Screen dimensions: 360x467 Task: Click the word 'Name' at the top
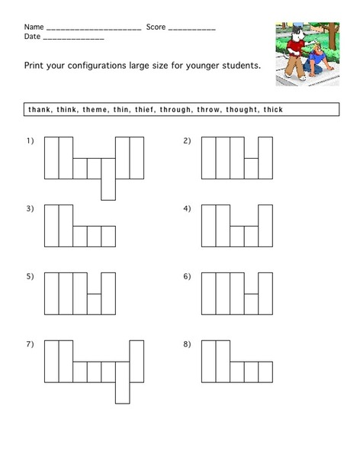tap(34, 27)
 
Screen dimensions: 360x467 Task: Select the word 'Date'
tap(33, 37)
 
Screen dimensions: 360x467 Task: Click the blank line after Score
tap(191, 29)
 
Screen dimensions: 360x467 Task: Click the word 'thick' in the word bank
tap(272, 110)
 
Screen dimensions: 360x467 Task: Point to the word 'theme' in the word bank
tap(92, 110)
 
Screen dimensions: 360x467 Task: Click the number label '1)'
tap(31, 141)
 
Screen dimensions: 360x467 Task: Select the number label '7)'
tap(31, 344)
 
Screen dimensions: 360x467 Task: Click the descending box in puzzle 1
tap(108, 187)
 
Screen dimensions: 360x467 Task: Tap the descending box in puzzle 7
tap(122, 391)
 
